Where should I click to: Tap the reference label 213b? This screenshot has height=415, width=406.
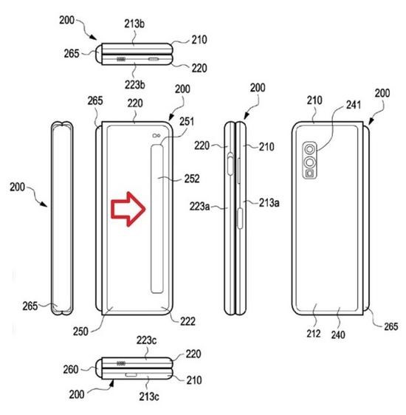(134, 24)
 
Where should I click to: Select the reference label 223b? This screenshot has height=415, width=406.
(135, 85)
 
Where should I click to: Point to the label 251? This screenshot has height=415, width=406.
(187, 122)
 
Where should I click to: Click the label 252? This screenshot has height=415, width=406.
(192, 179)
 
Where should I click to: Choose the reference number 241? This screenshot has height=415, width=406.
(354, 105)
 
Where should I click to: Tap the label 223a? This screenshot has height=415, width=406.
(199, 206)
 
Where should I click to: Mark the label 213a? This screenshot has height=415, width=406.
(269, 203)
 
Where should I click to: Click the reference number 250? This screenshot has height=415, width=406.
(80, 332)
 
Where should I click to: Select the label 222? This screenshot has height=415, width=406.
(187, 321)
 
